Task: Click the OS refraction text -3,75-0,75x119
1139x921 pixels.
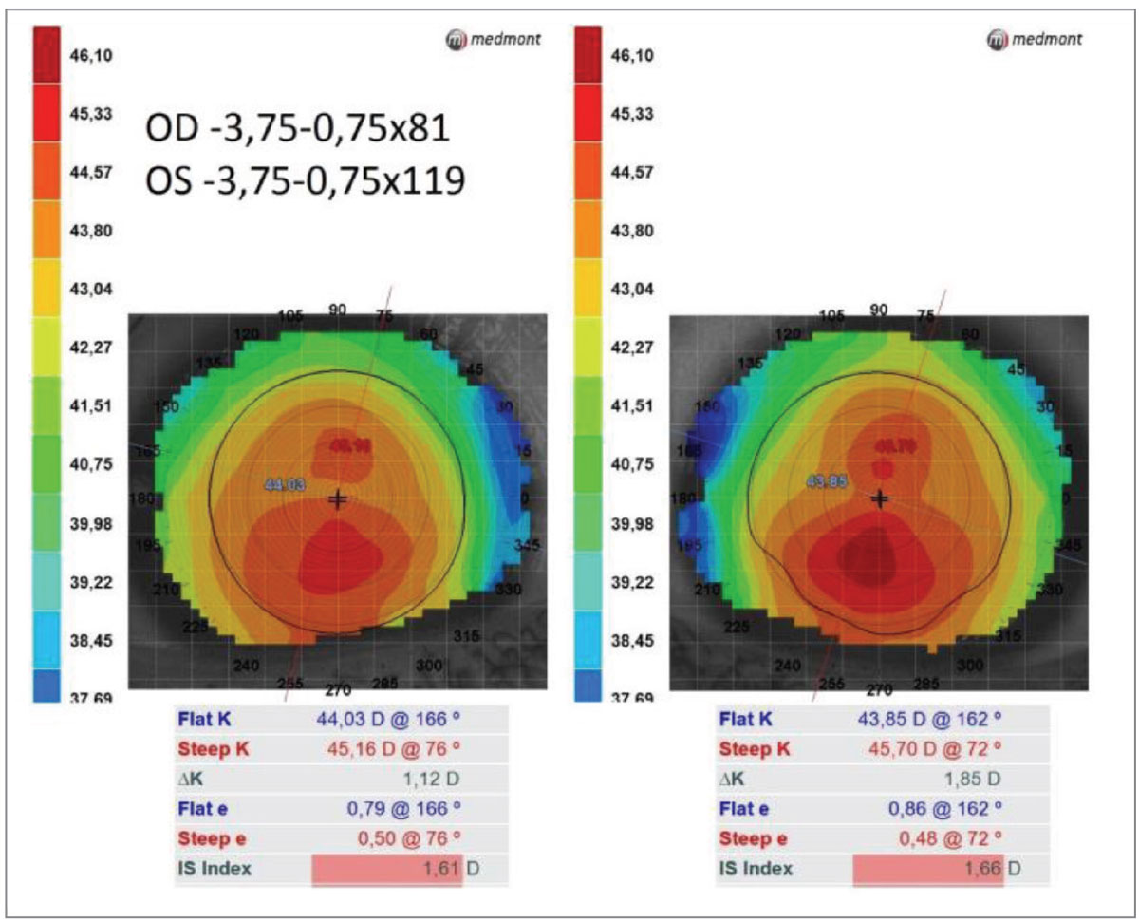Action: (x=305, y=180)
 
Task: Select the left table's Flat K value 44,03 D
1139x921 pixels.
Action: (x=379, y=719)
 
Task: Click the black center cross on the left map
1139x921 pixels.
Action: (x=337, y=499)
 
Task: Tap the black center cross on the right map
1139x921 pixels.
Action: (x=880, y=498)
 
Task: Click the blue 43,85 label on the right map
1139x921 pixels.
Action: (x=826, y=481)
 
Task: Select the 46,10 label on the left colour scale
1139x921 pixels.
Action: (x=92, y=56)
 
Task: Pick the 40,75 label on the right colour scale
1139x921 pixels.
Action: (x=631, y=464)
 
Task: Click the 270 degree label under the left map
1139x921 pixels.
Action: (x=338, y=688)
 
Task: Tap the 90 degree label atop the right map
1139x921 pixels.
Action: (x=879, y=310)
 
